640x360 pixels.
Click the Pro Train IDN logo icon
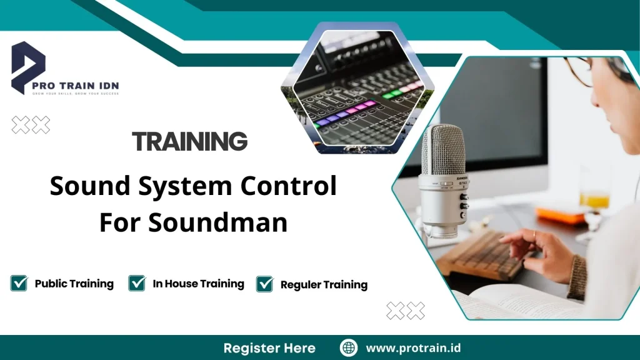28,66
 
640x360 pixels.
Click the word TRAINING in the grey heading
190,142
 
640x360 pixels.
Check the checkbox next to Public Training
19,283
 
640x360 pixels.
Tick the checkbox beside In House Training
137,283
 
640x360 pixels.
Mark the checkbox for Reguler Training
265,284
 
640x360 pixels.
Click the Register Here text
269,348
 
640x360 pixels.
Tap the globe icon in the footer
348,347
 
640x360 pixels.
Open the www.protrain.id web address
413,348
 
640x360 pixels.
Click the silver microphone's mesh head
442,150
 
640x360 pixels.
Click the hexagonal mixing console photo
358,87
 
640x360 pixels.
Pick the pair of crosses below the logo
31,125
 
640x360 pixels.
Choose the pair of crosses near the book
406,310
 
